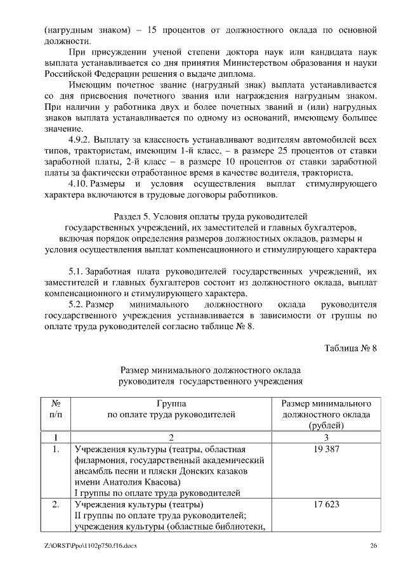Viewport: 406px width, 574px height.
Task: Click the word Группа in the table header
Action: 171,403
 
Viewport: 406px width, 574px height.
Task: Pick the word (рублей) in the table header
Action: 325,426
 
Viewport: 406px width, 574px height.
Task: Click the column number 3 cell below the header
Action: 325,438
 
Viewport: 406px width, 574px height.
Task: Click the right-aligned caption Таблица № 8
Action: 351,348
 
